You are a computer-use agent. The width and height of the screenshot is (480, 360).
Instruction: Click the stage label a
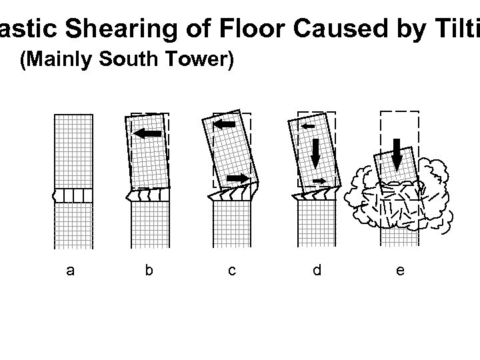point(71,270)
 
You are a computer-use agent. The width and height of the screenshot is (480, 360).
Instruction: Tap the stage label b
point(149,270)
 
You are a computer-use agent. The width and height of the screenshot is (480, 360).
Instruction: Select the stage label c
point(231,270)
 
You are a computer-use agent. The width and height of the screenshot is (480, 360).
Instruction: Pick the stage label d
point(317,270)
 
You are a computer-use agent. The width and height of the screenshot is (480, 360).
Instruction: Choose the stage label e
point(399,270)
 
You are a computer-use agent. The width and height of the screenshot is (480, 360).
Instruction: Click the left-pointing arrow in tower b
point(148,133)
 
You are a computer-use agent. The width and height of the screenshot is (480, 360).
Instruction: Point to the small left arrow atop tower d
point(308,125)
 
